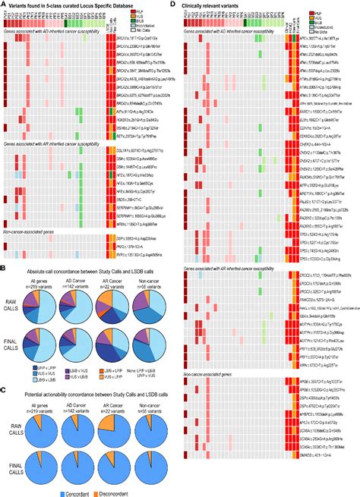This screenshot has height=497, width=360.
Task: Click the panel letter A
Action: pyautogui.click(x=4, y=5)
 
